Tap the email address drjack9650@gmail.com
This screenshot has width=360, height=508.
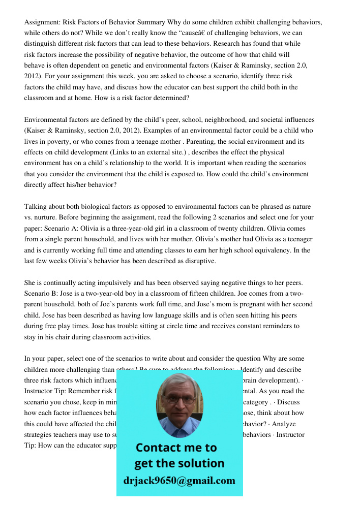pos(179,481)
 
